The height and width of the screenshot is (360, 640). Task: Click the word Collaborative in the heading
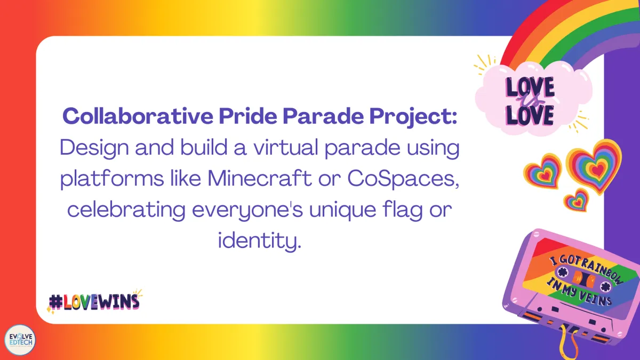138,116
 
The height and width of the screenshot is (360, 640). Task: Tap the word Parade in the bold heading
323,116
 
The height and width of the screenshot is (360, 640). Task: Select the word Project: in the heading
413,117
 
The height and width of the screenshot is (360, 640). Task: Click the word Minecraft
259,178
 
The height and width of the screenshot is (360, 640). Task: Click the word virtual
286,147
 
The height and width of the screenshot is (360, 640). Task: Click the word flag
402,210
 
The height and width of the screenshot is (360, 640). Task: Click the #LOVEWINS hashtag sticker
94,301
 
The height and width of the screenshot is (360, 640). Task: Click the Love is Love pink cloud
533,99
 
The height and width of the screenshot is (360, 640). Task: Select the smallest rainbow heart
577,201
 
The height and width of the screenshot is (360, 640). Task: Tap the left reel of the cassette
562,271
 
